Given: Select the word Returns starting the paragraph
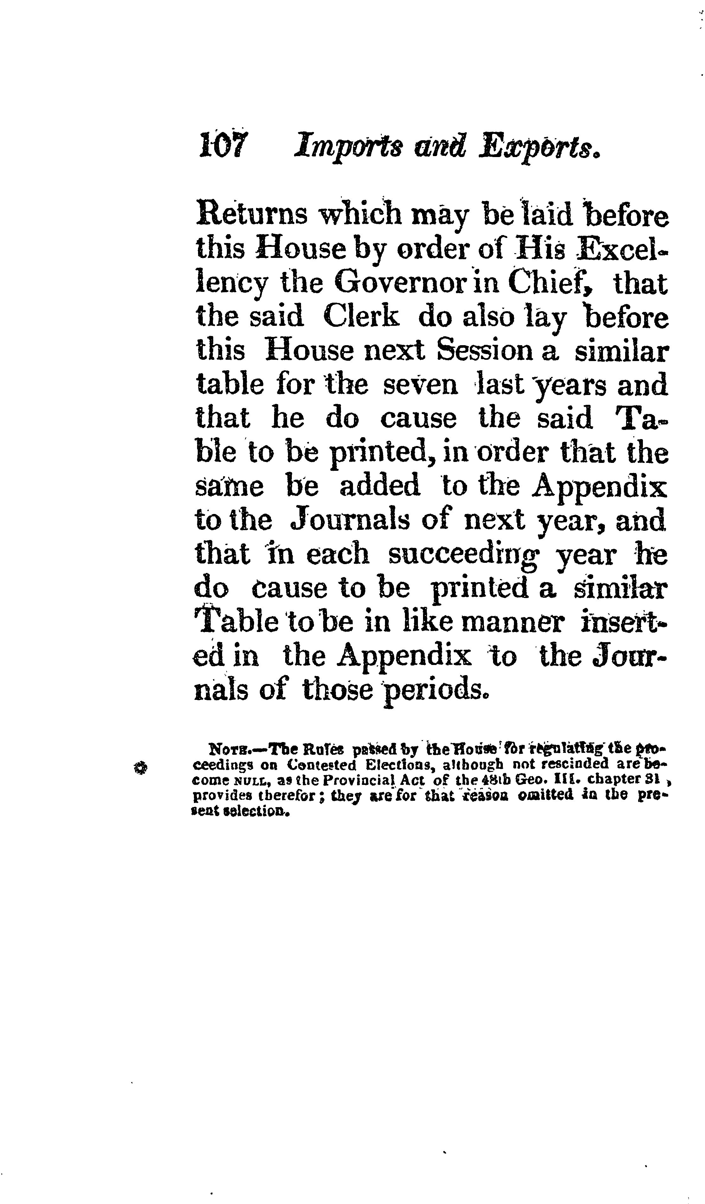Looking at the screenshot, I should (252, 214).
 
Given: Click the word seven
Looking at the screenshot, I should (420, 385).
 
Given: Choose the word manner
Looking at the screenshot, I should (514, 622).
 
